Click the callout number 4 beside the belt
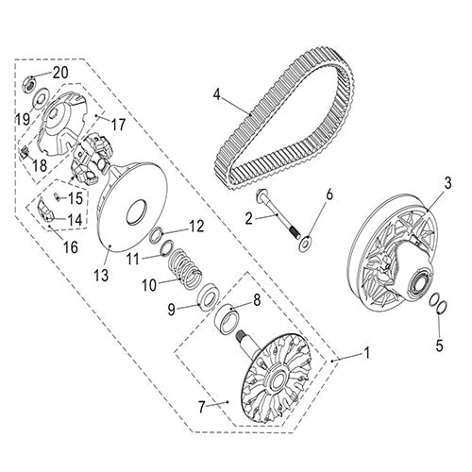[217, 93]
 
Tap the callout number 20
[60, 73]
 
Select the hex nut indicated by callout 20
[29, 84]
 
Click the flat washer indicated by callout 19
[40, 98]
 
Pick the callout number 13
[102, 276]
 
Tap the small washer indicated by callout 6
[305, 243]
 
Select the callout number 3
[447, 183]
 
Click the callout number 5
[439, 346]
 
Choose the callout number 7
[202, 408]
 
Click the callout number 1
[366, 352]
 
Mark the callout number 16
[71, 247]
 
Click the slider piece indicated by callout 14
[44, 210]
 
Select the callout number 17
[118, 125]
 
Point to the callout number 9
[172, 310]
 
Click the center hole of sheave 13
[137, 212]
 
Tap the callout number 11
[133, 260]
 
